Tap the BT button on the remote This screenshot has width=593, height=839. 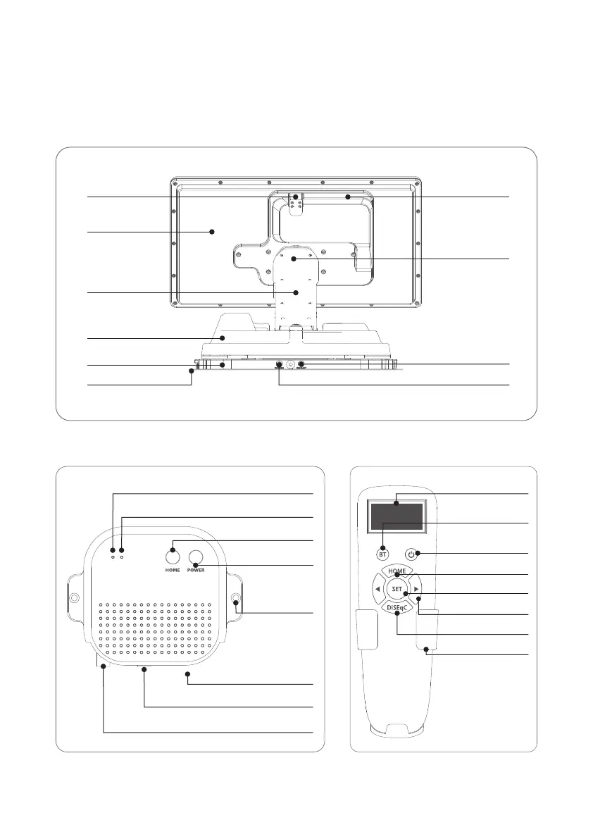coord(383,553)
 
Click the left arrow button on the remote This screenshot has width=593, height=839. coord(378,589)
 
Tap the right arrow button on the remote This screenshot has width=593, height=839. coord(417,589)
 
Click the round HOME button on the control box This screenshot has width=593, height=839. coord(173,555)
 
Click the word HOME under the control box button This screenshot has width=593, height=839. coord(173,570)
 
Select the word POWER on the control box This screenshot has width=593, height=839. coord(196,570)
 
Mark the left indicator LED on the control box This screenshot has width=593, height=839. coord(113,556)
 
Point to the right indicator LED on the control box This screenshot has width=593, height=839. coord(122,556)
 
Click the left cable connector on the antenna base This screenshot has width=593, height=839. coord(279,367)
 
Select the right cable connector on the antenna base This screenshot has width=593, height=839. coord(301,367)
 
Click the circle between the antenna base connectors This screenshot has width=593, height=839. coord(290,367)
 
